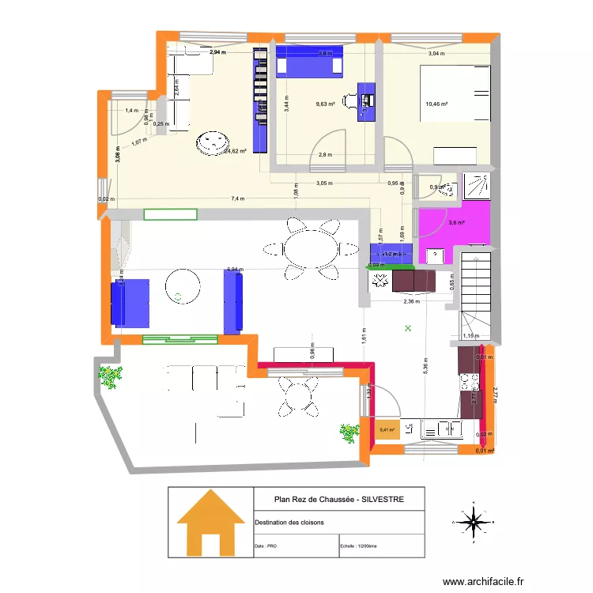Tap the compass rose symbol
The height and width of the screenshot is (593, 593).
tap(473, 522)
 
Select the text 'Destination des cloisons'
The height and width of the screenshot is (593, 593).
tap(289, 523)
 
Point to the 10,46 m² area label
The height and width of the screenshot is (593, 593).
tap(436, 104)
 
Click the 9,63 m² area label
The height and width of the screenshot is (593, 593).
tap(325, 104)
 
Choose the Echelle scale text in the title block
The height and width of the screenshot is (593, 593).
tap(359, 546)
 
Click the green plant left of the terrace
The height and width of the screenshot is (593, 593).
tap(109, 376)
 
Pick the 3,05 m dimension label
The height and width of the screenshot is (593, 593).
tap(324, 183)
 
